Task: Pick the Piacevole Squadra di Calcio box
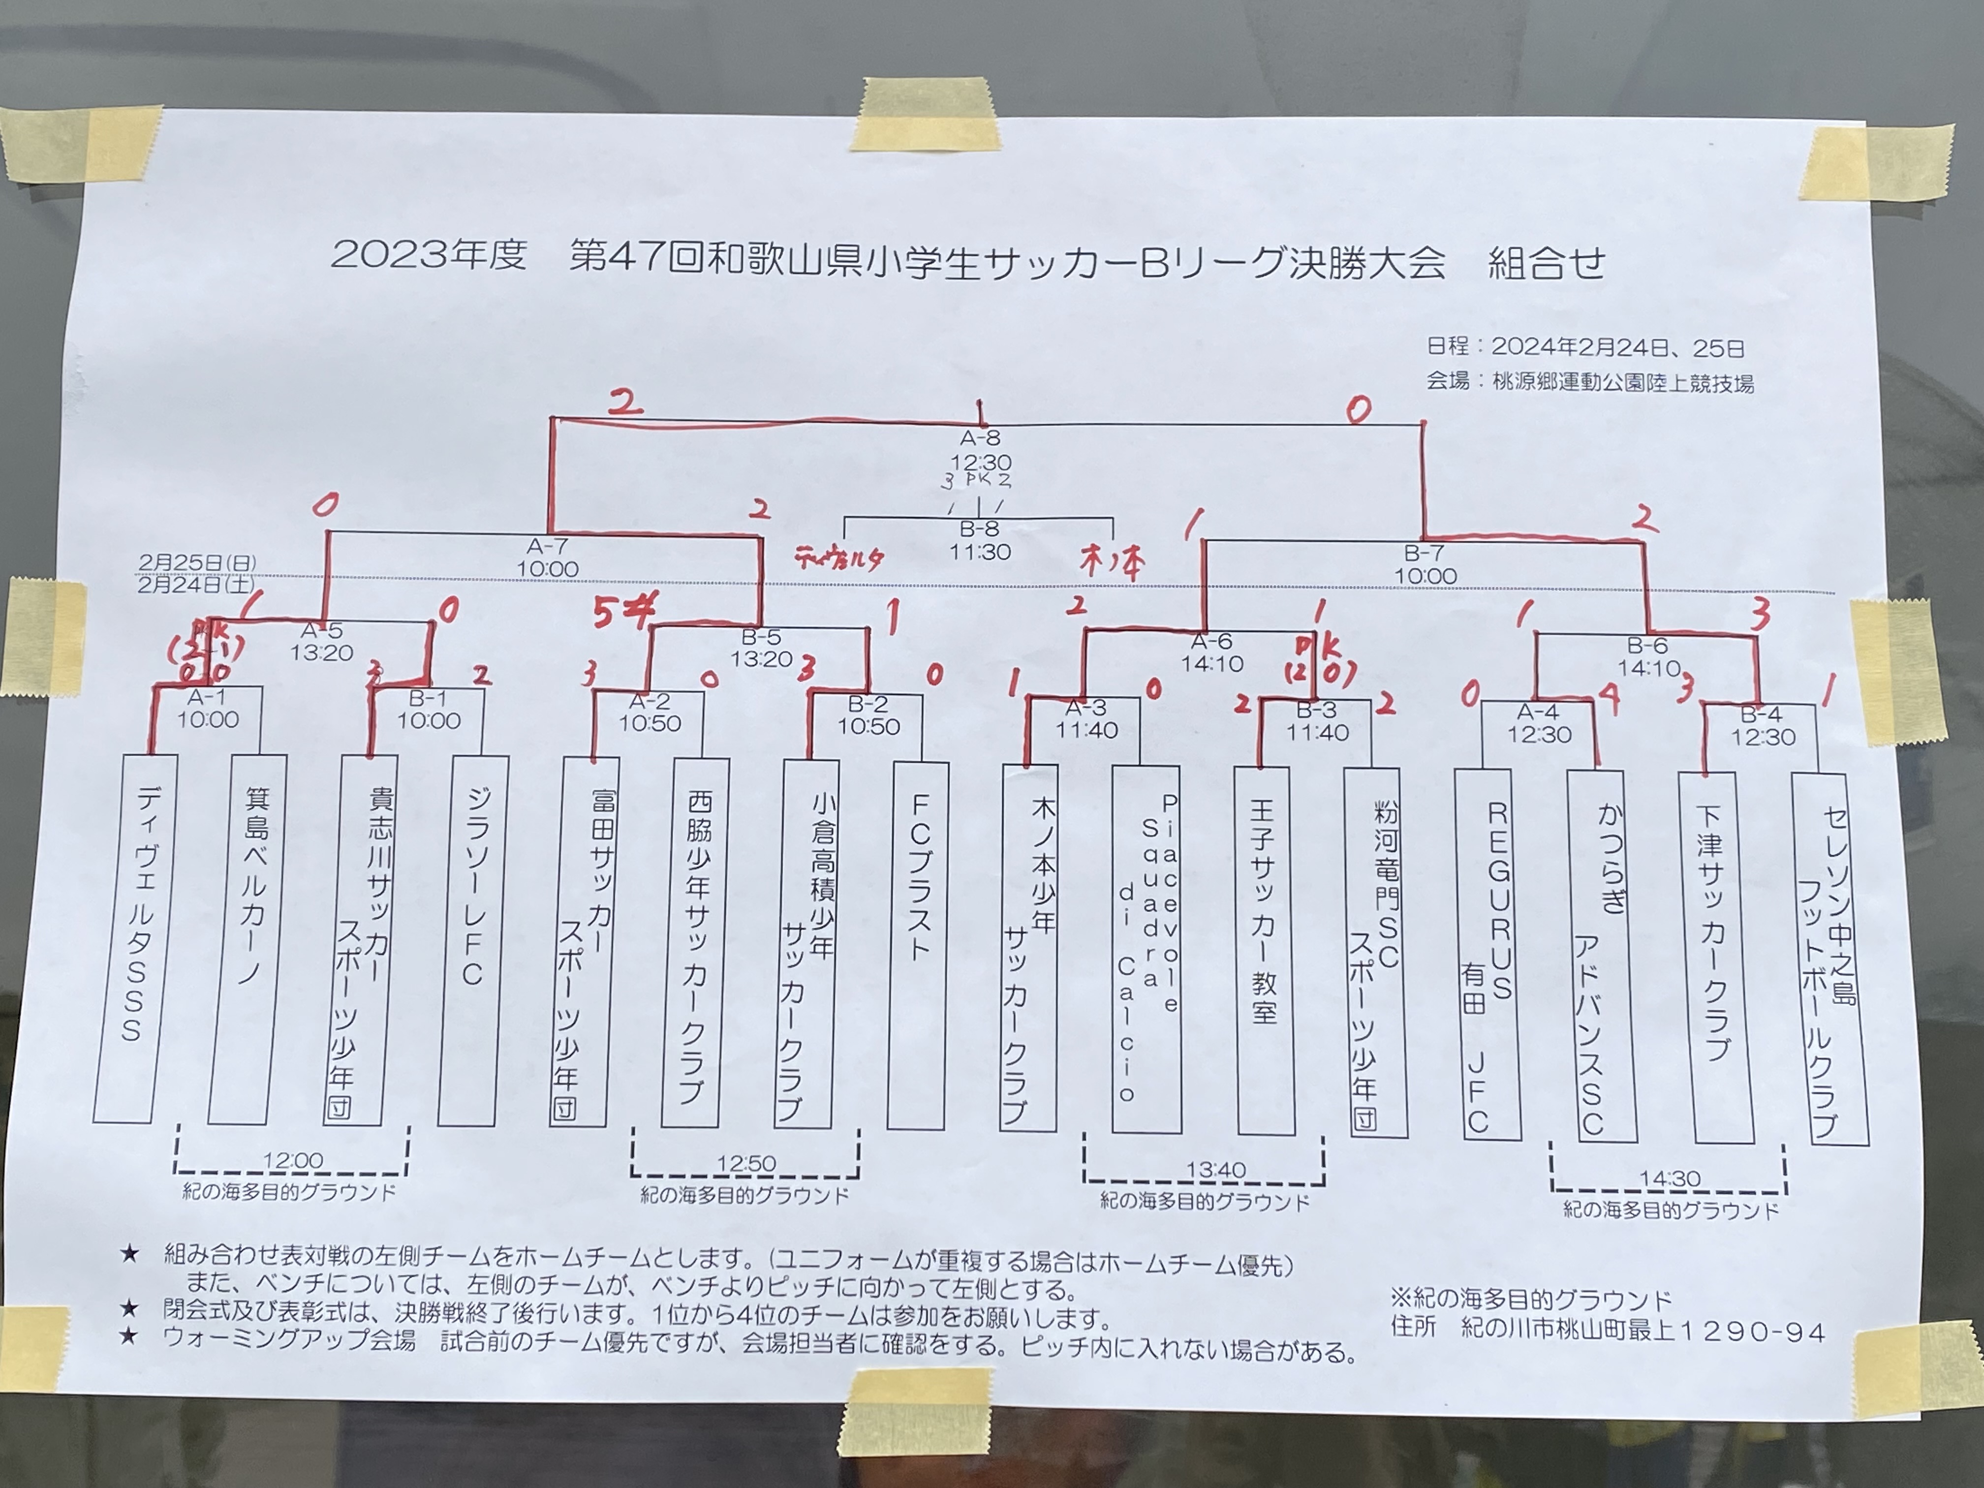(x=1147, y=949)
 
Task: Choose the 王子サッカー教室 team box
(x=1265, y=951)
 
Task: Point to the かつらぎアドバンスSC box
(x=1602, y=955)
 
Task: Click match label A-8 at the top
(x=980, y=438)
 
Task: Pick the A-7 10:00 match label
(x=547, y=558)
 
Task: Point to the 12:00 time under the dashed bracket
(x=292, y=1161)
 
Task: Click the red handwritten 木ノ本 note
(x=1112, y=563)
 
